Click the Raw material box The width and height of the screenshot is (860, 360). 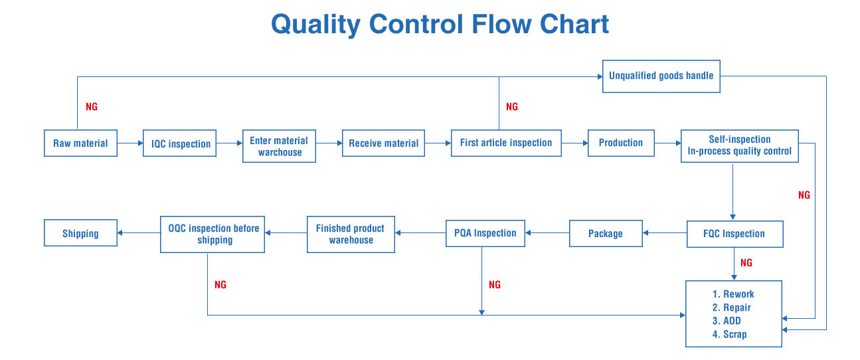pos(80,143)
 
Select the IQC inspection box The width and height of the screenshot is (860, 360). pos(179,143)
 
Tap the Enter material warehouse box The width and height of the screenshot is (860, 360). pos(279,146)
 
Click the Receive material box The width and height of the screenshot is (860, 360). pos(383,143)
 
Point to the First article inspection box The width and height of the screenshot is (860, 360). pos(506,143)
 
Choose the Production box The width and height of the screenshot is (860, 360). pos(621,143)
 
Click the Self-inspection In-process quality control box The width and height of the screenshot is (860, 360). pos(739,145)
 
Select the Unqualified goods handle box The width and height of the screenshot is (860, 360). pos(661,76)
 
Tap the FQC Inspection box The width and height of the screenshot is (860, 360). pos(734,234)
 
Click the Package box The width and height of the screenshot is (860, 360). pos(606,234)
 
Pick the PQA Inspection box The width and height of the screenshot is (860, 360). pos(485,233)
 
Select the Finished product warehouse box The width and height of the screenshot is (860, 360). pos(351,234)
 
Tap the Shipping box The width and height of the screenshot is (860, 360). pos(80,233)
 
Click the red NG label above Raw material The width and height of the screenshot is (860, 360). pos(92,106)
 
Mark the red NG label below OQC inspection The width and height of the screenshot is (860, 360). pos(220,284)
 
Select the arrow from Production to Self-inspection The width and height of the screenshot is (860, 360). pos(667,143)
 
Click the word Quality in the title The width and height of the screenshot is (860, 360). pos(316,25)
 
